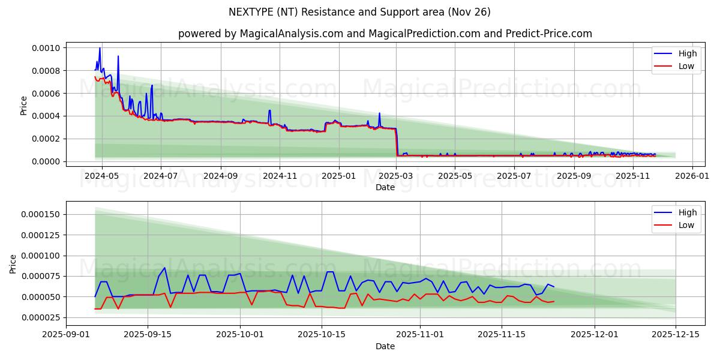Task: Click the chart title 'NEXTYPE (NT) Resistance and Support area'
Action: pyautogui.click(x=359, y=12)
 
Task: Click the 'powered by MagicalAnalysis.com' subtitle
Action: pyautogui.click(x=385, y=34)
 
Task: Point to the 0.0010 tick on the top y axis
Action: pyautogui.click(x=45, y=48)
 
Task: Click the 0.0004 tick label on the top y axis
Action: pyautogui.click(x=45, y=116)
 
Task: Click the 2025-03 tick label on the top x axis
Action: pyautogui.click(x=397, y=176)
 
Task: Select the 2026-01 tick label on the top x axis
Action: pyautogui.click(x=692, y=176)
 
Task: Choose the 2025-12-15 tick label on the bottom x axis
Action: pyautogui.click(x=676, y=334)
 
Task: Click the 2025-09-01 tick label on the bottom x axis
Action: pyautogui.click(x=66, y=334)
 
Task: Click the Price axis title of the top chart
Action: pyautogui.click(x=24, y=106)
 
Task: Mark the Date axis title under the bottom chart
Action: pyautogui.click(x=385, y=346)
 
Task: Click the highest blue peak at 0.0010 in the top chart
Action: pyautogui.click(x=100, y=48)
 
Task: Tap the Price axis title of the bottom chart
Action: pyautogui.click(x=13, y=263)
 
